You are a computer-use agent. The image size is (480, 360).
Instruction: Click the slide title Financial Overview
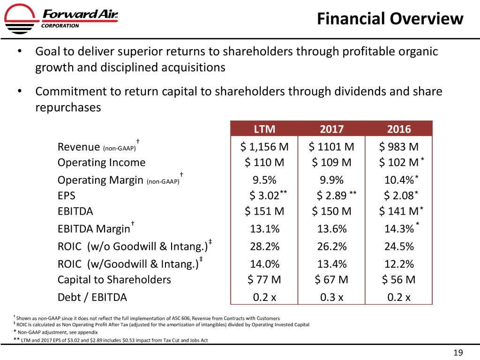pyautogui.click(x=389, y=19)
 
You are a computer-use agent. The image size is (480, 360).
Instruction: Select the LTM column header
pyautogui.click(x=264, y=129)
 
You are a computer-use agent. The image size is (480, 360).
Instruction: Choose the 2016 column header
pyautogui.click(x=398, y=129)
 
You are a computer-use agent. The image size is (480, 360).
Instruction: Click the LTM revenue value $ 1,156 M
pyautogui.click(x=264, y=147)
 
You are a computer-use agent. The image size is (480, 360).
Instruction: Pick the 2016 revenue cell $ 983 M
pyautogui.click(x=398, y=147)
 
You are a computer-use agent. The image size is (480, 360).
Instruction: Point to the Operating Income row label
pyautogui.click(x=101, y=163)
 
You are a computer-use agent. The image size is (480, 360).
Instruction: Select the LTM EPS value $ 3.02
pyautogui.click(x=265, y=195)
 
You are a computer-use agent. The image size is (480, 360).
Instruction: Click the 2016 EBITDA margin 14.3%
pyautogui.click(x=398, y=229)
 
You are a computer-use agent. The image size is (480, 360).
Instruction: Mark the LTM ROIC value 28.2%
pyautogui.click(x=265, y=247)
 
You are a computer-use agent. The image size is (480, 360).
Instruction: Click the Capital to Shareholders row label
pyautogui.click(x=114, y=280)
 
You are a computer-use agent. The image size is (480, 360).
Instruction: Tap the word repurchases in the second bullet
pyautogui.click(x=67, y=107)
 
